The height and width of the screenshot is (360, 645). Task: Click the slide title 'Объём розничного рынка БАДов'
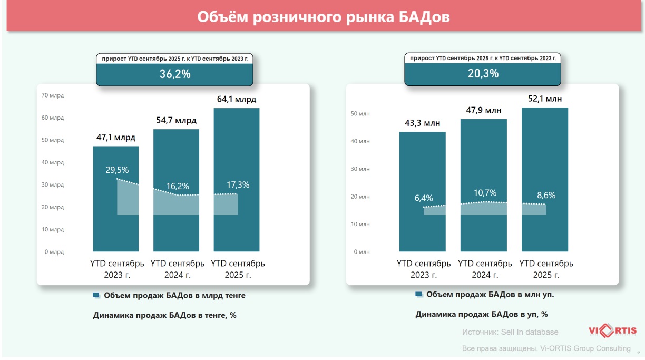click(323, 17)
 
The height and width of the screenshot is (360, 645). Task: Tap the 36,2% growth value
click(175, 74)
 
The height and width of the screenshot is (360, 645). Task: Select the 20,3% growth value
click(483, 74)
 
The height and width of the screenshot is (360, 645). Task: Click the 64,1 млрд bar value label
click(237, 99)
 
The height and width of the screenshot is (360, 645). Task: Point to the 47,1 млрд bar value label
click(116, 138)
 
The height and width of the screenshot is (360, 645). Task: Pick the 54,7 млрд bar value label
click(176, 120)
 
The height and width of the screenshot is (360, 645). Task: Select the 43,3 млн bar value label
click(422, 123)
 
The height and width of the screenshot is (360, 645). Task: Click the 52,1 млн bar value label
click(545, 99)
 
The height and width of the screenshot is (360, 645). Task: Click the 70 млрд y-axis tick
click(53, 95)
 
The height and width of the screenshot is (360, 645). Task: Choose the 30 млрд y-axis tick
click(53, 185)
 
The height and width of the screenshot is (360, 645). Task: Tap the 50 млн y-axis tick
click(361, 113)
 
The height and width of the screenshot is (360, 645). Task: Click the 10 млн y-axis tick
click(361, 224)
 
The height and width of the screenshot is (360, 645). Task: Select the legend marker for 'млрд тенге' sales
click(96, 296)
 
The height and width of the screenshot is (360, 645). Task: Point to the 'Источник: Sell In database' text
click(510, 332)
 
